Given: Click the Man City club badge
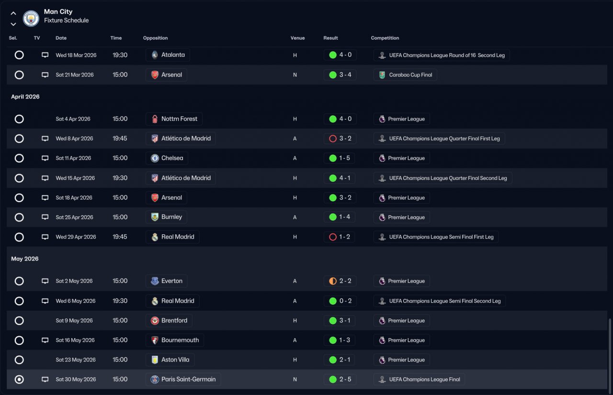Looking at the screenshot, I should click(31, 18).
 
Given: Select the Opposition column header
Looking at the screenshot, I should click(155, 38).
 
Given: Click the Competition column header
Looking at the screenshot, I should click(385, 38).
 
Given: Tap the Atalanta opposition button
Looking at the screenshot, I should click(168, 55).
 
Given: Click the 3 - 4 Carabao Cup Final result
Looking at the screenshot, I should click(340, 75).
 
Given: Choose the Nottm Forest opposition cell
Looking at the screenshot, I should click(174, 119).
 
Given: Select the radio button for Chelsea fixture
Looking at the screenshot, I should click(19, 158).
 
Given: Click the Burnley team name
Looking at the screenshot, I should click(171, 217).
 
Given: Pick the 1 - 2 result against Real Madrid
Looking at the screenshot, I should click(340, 237).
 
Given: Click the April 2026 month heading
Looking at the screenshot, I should click(25, 97).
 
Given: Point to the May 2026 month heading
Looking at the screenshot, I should click(25, 259).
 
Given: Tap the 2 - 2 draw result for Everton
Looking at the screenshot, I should click(340, 281).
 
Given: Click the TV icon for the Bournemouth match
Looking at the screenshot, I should click(45, 340).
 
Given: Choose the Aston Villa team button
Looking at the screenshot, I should click(170, 360).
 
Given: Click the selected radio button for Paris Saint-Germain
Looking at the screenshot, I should click(19, 380).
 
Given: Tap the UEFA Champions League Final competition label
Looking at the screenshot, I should click(419, 380).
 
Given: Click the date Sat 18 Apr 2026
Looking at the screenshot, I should click(74, 198).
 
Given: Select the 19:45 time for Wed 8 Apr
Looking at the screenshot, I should click(120, 139).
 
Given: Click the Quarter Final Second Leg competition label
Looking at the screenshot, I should click(443, 178).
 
